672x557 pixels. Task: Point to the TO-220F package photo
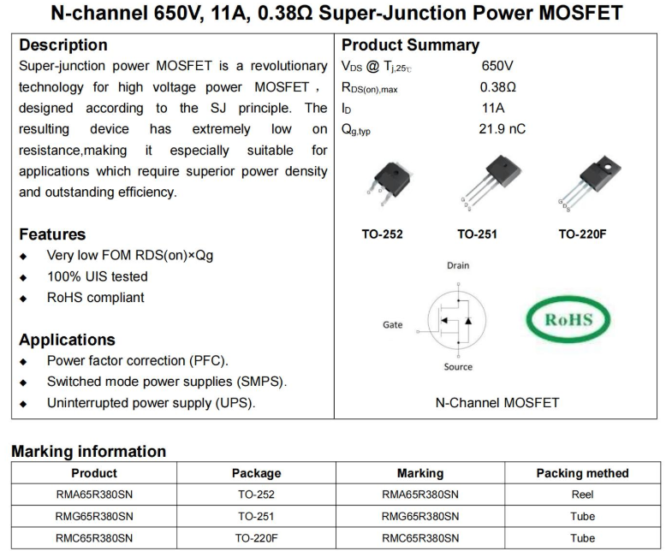[586, 183]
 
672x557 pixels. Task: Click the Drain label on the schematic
[458, 266]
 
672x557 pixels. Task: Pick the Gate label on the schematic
[392, 325]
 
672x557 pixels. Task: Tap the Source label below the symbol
[458, 367]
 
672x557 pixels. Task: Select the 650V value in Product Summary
[497, 66]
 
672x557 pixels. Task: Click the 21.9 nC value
[503, 129]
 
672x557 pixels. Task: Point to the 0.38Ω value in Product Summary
[498, 87]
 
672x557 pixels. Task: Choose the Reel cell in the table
[582, 495]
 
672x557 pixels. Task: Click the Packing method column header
[582, 473]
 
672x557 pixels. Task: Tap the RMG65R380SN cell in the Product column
[94, 516]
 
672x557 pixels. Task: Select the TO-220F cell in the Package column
[256, 538]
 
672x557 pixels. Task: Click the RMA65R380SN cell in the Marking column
[419, 495]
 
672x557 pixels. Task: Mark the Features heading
[52, 234]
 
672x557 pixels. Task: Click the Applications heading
[67, 340]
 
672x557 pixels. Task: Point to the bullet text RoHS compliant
[95, 298]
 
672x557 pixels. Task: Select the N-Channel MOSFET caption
[497, 402]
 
